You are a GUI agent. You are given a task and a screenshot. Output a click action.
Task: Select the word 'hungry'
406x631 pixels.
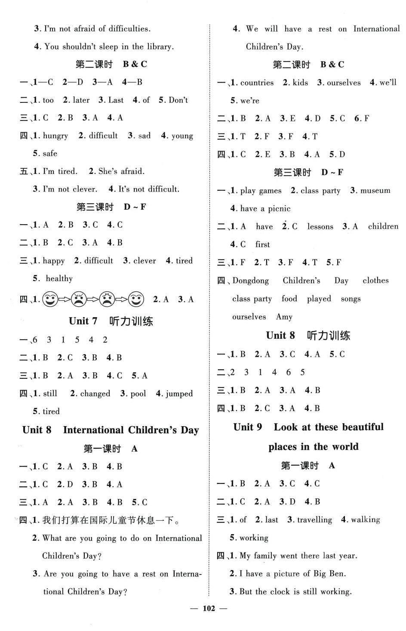55,136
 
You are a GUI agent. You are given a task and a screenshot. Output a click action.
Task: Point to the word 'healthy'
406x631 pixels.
59,278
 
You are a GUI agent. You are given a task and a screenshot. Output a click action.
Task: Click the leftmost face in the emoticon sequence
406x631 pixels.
51,299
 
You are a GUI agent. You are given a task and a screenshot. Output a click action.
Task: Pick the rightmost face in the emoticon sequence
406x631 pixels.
136,299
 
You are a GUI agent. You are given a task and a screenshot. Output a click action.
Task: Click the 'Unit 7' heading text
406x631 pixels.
83,321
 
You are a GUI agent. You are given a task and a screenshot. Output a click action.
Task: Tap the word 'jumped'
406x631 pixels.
178,393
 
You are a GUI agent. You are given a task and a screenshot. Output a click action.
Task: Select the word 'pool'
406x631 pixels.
138,393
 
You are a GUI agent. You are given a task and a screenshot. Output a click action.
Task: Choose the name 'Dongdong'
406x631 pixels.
251,281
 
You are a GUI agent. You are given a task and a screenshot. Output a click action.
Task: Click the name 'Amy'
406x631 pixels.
284,317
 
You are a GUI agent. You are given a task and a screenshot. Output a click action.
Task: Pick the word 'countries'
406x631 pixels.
257,83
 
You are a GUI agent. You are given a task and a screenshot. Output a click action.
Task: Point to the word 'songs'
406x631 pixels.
351,299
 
